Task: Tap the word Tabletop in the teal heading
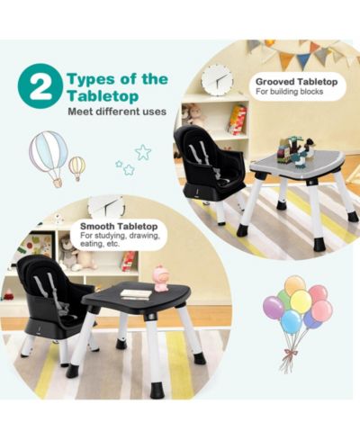[x=103, y=96]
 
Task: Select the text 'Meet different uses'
[x=117, y=112]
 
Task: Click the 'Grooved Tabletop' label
[x=296, y=82]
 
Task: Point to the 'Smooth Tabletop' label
[x=119, y=226]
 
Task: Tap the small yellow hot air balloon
[x=77, y=168]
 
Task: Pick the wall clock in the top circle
[x=217, y=78]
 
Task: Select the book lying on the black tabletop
[x=136, y=294]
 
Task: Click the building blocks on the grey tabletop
[x=298, y=151]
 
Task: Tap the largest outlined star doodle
[x=143, y=152]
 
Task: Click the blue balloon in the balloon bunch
[x=292, y=322]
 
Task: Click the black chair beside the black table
[x=56, y=304]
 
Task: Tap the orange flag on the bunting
[x=285, y=61]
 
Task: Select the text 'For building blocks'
[x=289, y=92]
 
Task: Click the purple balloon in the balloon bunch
[x=273, y=307]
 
